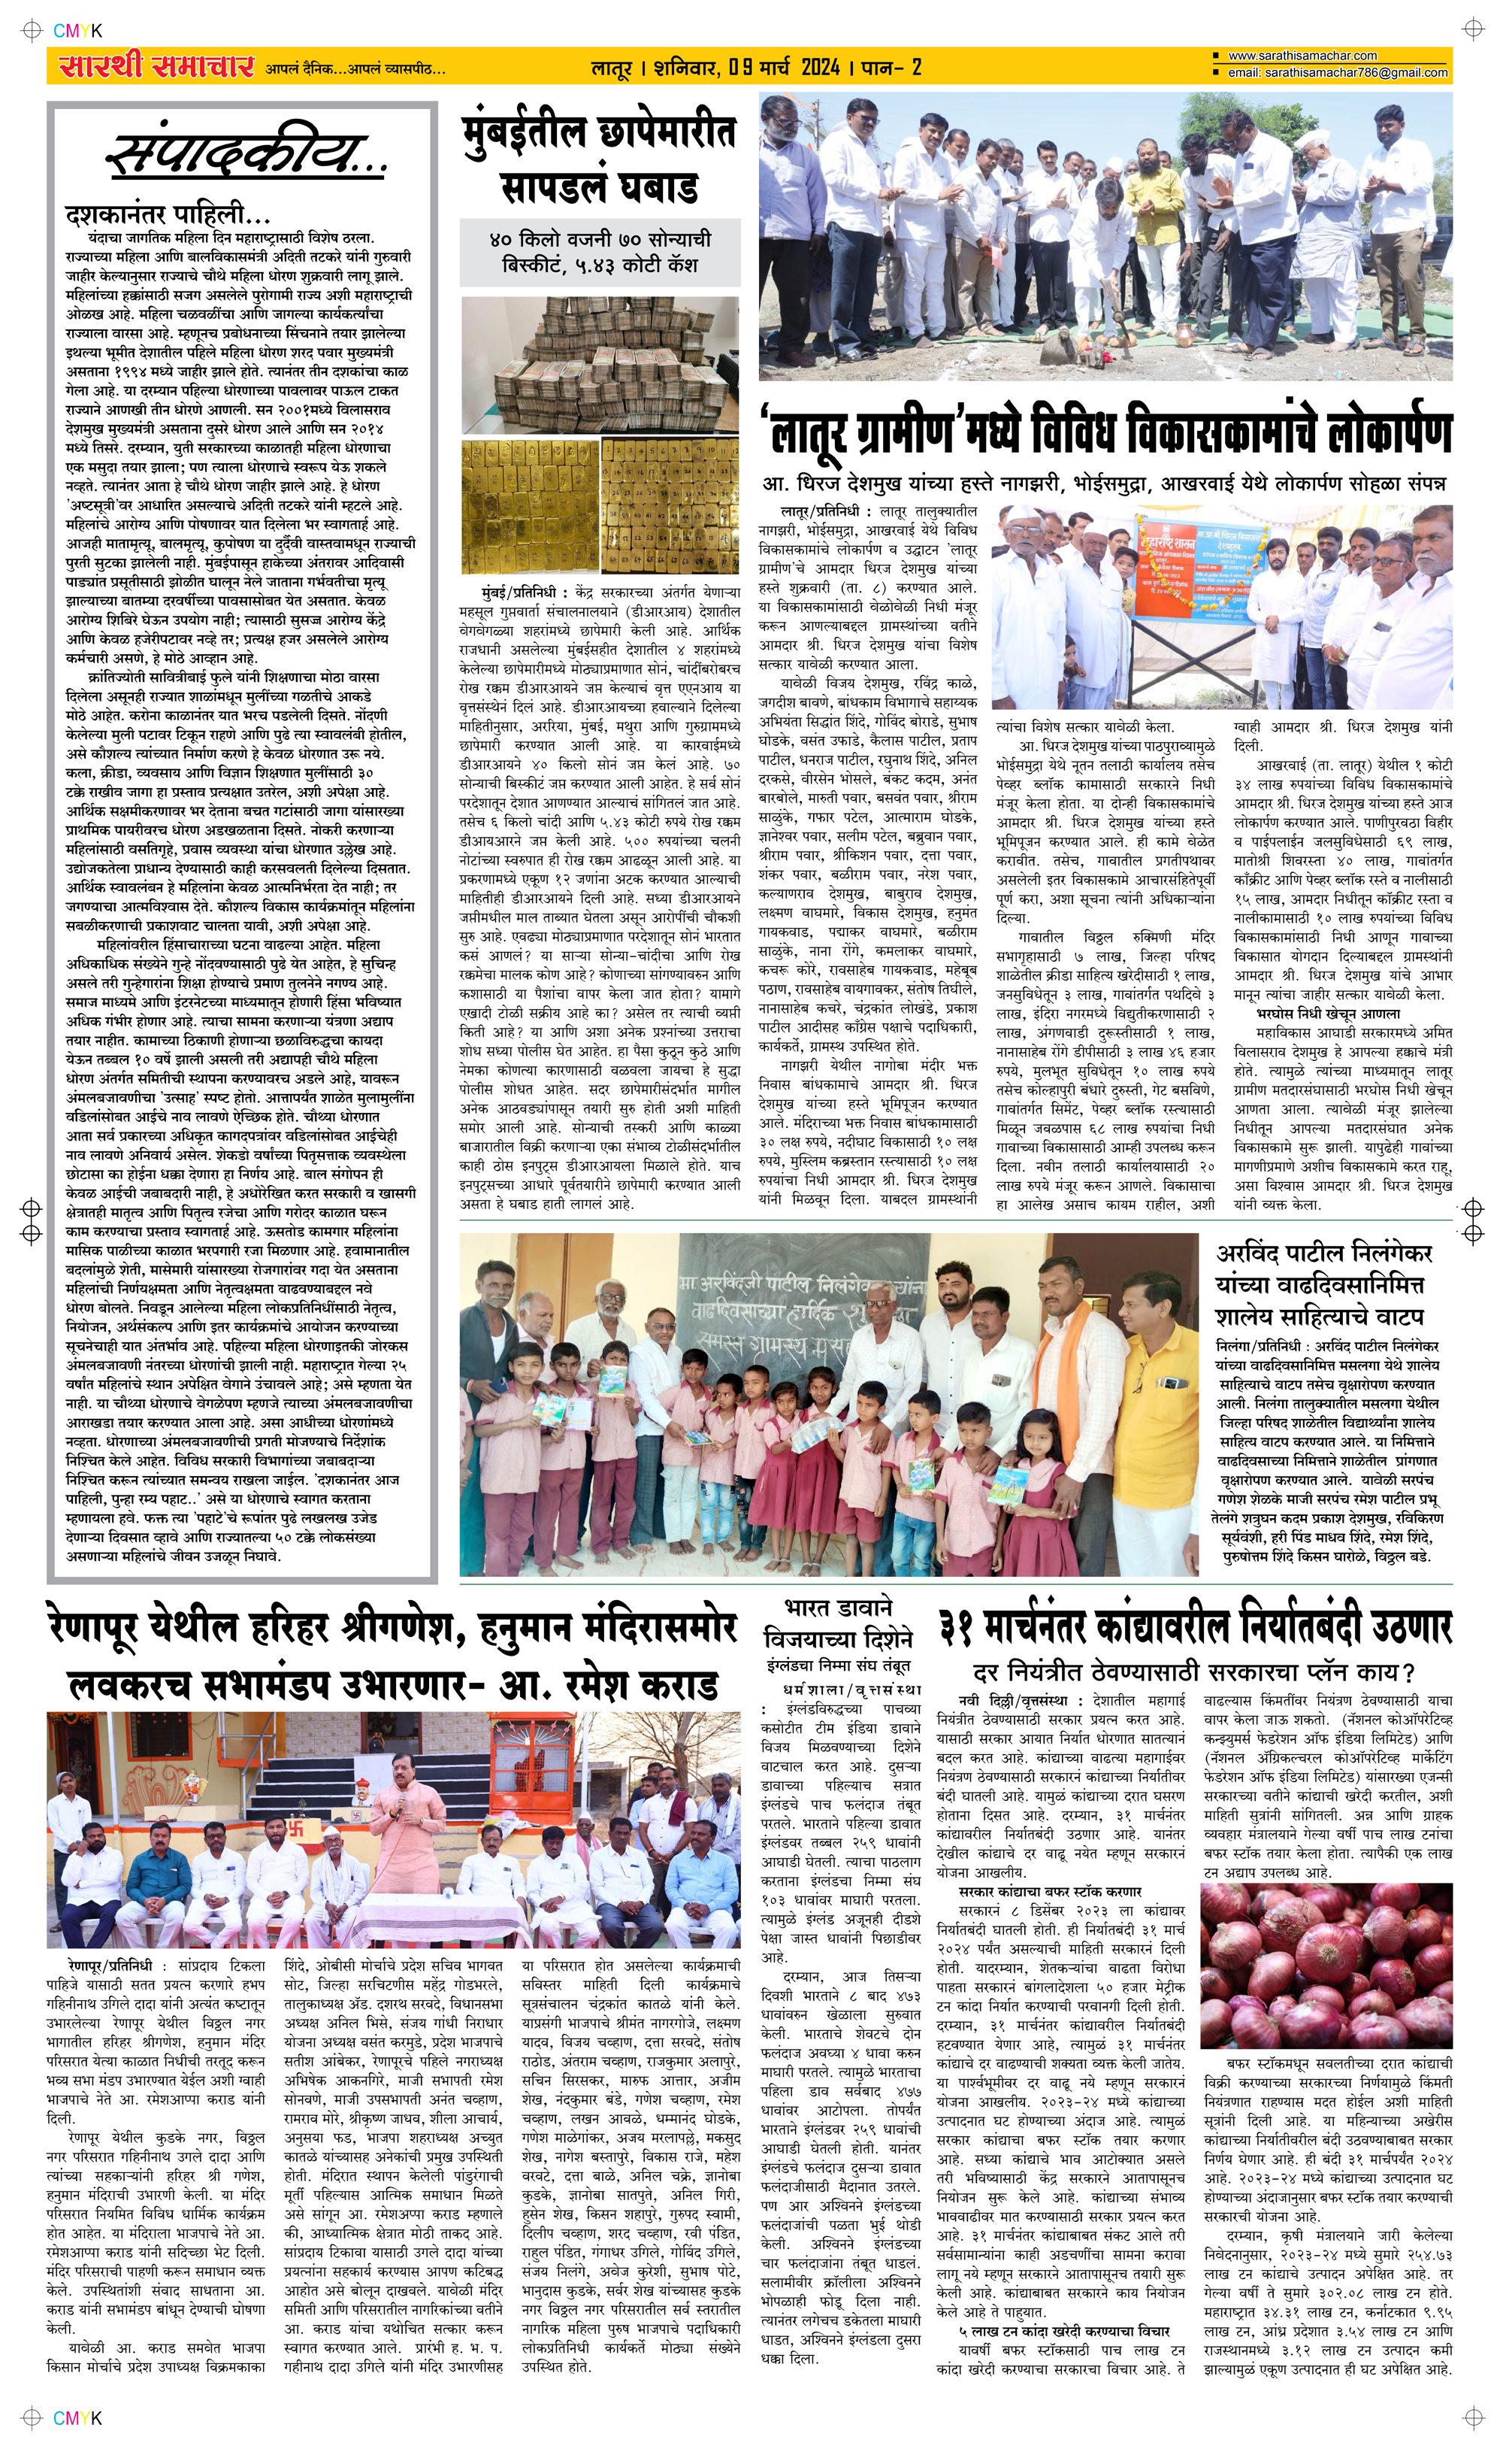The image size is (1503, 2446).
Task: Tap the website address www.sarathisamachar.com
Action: (x=1302, y=56)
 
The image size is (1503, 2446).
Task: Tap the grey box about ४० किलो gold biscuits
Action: (x=600, y=252)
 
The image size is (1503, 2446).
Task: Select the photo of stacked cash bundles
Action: (x=600, y=363)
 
